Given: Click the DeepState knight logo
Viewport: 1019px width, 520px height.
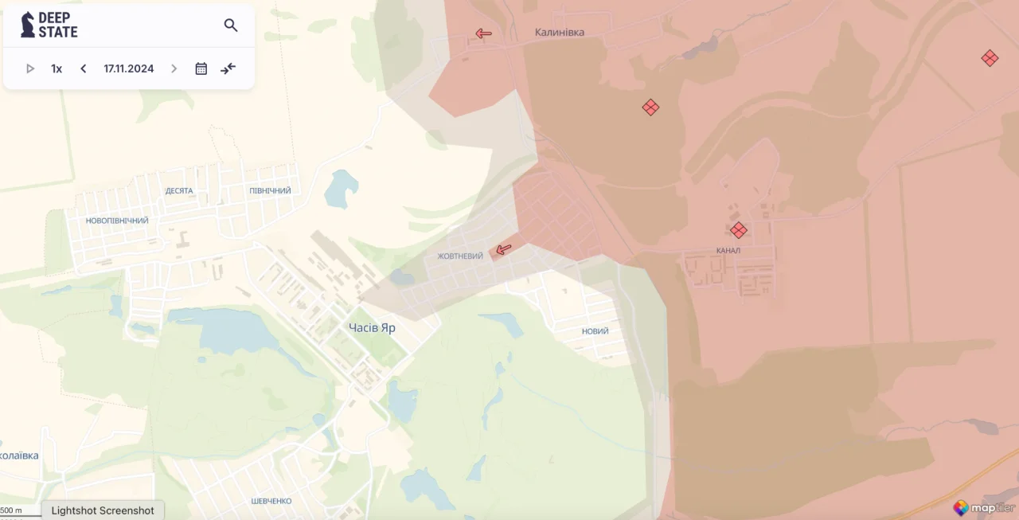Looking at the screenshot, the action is tap(28, 25).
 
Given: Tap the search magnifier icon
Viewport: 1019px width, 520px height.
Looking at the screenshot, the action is tap(231, 25).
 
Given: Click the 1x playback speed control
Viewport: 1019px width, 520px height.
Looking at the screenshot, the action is tap(57, 68).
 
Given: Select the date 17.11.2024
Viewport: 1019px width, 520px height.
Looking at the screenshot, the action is tap(129, 68).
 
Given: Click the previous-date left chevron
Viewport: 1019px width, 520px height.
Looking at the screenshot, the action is tap(84, 68).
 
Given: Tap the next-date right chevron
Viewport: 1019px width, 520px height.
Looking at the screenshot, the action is tap(174, 68).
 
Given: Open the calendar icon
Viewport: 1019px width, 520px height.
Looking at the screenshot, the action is tap(201, 68).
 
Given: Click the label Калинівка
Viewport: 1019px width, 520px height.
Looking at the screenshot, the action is tap(559, 33).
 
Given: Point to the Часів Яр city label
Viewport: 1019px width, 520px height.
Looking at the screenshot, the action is tap(372, 327).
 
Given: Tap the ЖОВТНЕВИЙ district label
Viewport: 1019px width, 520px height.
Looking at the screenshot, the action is tap(460, 256).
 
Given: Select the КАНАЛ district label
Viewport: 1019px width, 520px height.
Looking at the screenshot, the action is tap(728, 251).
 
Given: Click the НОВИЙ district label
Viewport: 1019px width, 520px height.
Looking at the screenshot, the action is tap(595, 331).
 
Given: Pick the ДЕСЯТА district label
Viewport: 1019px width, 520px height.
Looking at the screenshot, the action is tap(179, 191).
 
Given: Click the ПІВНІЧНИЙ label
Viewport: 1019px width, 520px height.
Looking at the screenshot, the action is tap(270, 191).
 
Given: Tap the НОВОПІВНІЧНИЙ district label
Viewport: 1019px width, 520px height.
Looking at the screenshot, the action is tap(117, 221).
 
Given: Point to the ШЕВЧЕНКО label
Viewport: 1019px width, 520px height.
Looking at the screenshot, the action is tap(271, 501).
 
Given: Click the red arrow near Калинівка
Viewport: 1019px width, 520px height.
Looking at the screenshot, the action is tap(483, 33).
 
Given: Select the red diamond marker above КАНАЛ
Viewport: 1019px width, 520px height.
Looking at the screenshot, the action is tap(739, 230).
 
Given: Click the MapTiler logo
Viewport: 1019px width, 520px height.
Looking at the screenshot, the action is tap(984, 507).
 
